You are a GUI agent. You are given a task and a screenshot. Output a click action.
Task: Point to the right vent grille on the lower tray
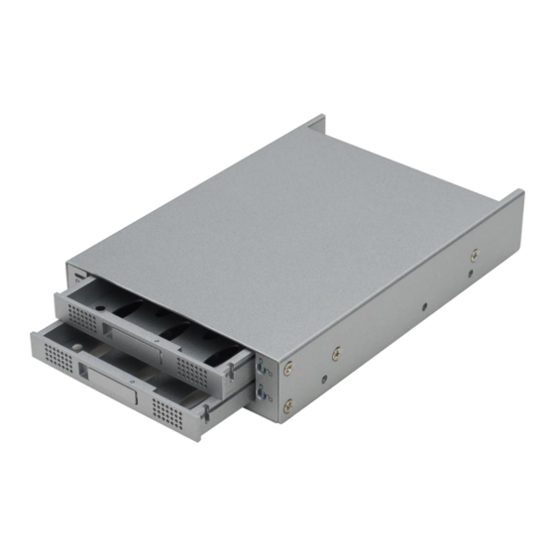coord(166,409)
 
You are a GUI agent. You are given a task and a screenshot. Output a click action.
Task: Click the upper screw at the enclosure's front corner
coord(288,368)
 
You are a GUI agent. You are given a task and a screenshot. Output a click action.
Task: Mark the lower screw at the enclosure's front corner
coord(288,404)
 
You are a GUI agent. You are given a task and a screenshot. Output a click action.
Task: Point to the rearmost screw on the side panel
coord(473,256)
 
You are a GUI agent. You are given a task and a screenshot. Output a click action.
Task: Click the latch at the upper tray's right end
coord(232,373)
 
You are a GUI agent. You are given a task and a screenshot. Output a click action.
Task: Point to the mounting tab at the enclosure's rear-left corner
coord(315,125)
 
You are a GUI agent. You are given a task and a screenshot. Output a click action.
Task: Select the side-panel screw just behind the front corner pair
coord(337,351)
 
